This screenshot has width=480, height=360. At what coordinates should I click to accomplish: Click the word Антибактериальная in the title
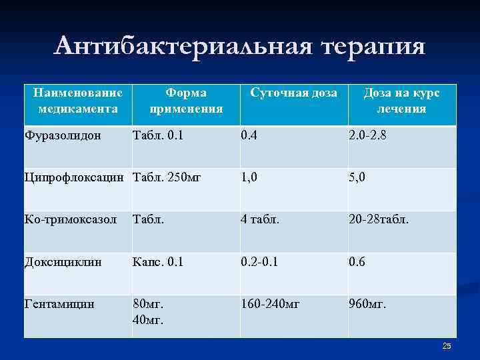181,47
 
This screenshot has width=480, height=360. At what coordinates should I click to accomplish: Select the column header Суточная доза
293,93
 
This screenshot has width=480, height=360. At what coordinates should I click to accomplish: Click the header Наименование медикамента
78,101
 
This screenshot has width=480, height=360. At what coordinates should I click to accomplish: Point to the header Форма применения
186,101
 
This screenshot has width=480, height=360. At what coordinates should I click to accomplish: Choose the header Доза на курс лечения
401,101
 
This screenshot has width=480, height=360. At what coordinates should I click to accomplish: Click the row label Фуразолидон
63,135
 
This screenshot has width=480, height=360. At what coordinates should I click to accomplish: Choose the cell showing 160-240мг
271,304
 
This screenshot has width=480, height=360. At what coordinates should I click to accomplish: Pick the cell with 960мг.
367,304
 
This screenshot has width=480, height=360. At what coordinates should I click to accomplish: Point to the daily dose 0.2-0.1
260,262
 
